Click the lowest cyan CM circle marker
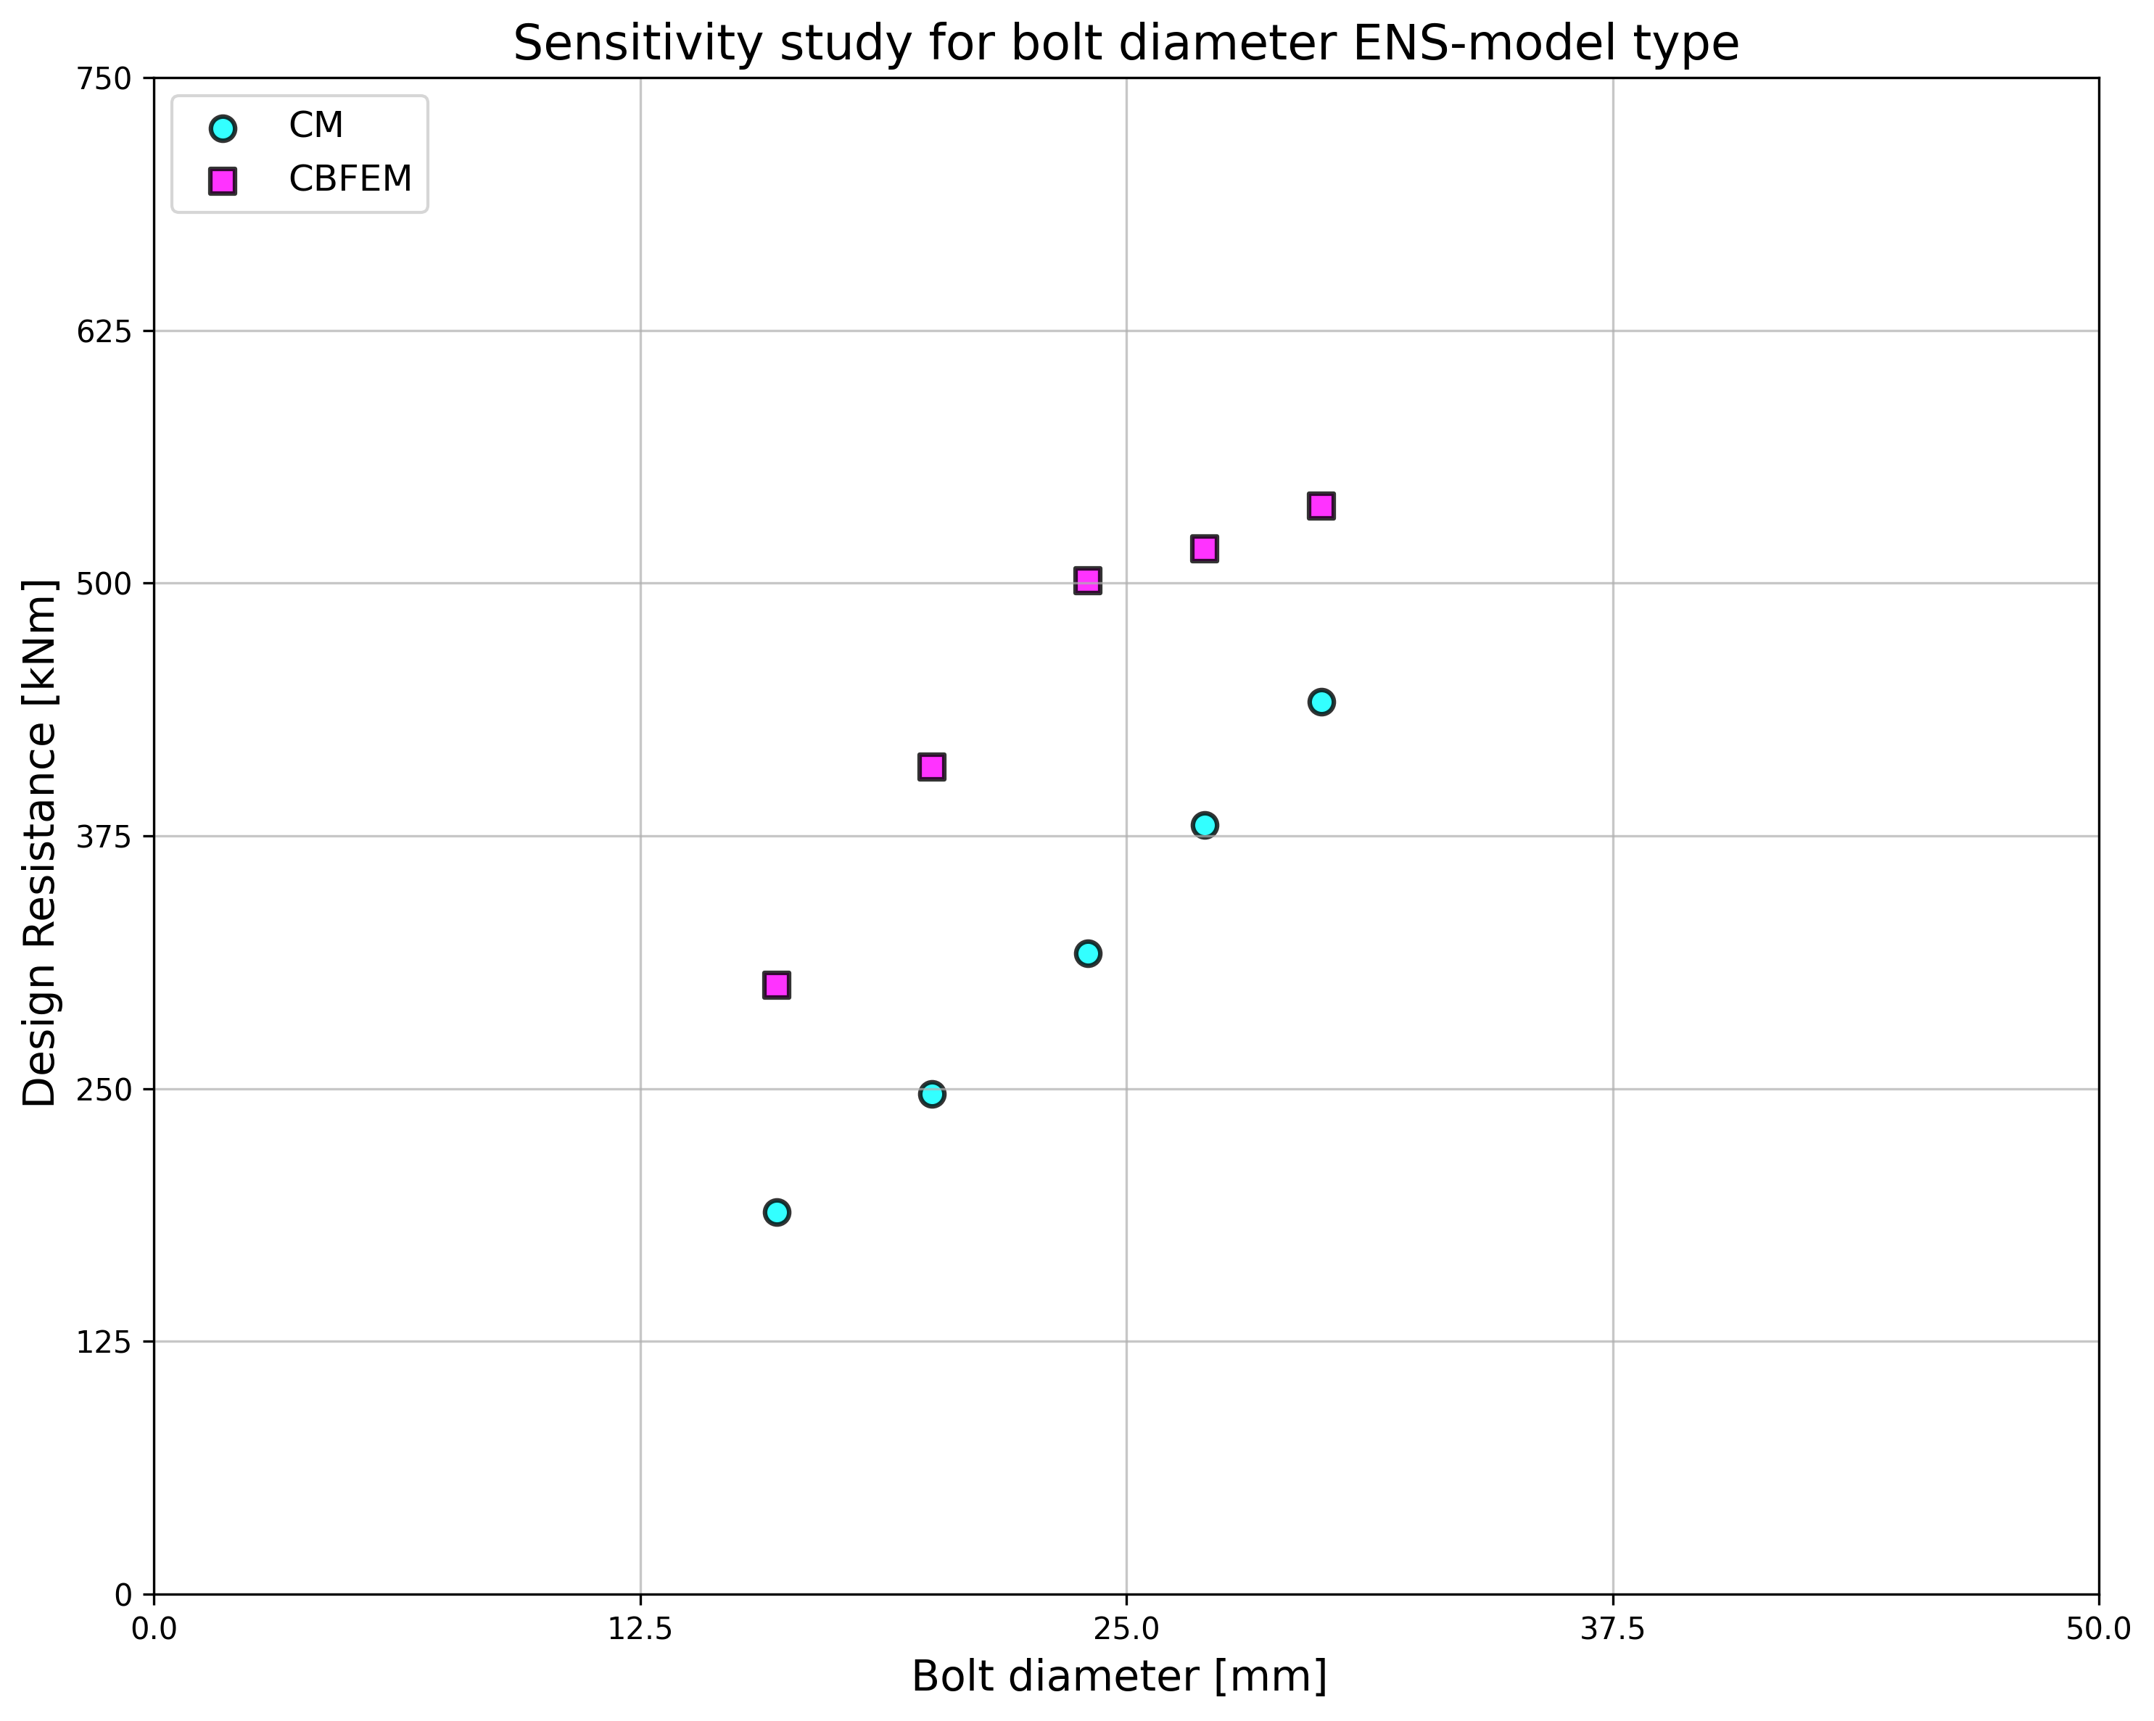(776, 1211)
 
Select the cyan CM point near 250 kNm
(931, 1094)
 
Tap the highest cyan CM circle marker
(1321, 701)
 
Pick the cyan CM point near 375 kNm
(1204, 824)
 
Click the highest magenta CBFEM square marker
(1321, 505)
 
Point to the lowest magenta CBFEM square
(776, 985)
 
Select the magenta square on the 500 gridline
(1087, 581)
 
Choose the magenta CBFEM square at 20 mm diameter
(931, 766)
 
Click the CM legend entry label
(315, 126)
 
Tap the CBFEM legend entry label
(350, 179)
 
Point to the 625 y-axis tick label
(104, 331)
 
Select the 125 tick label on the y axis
(104, 1341)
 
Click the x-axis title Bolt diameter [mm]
(1119, 1677)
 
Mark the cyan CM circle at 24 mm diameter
(1087, 953)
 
